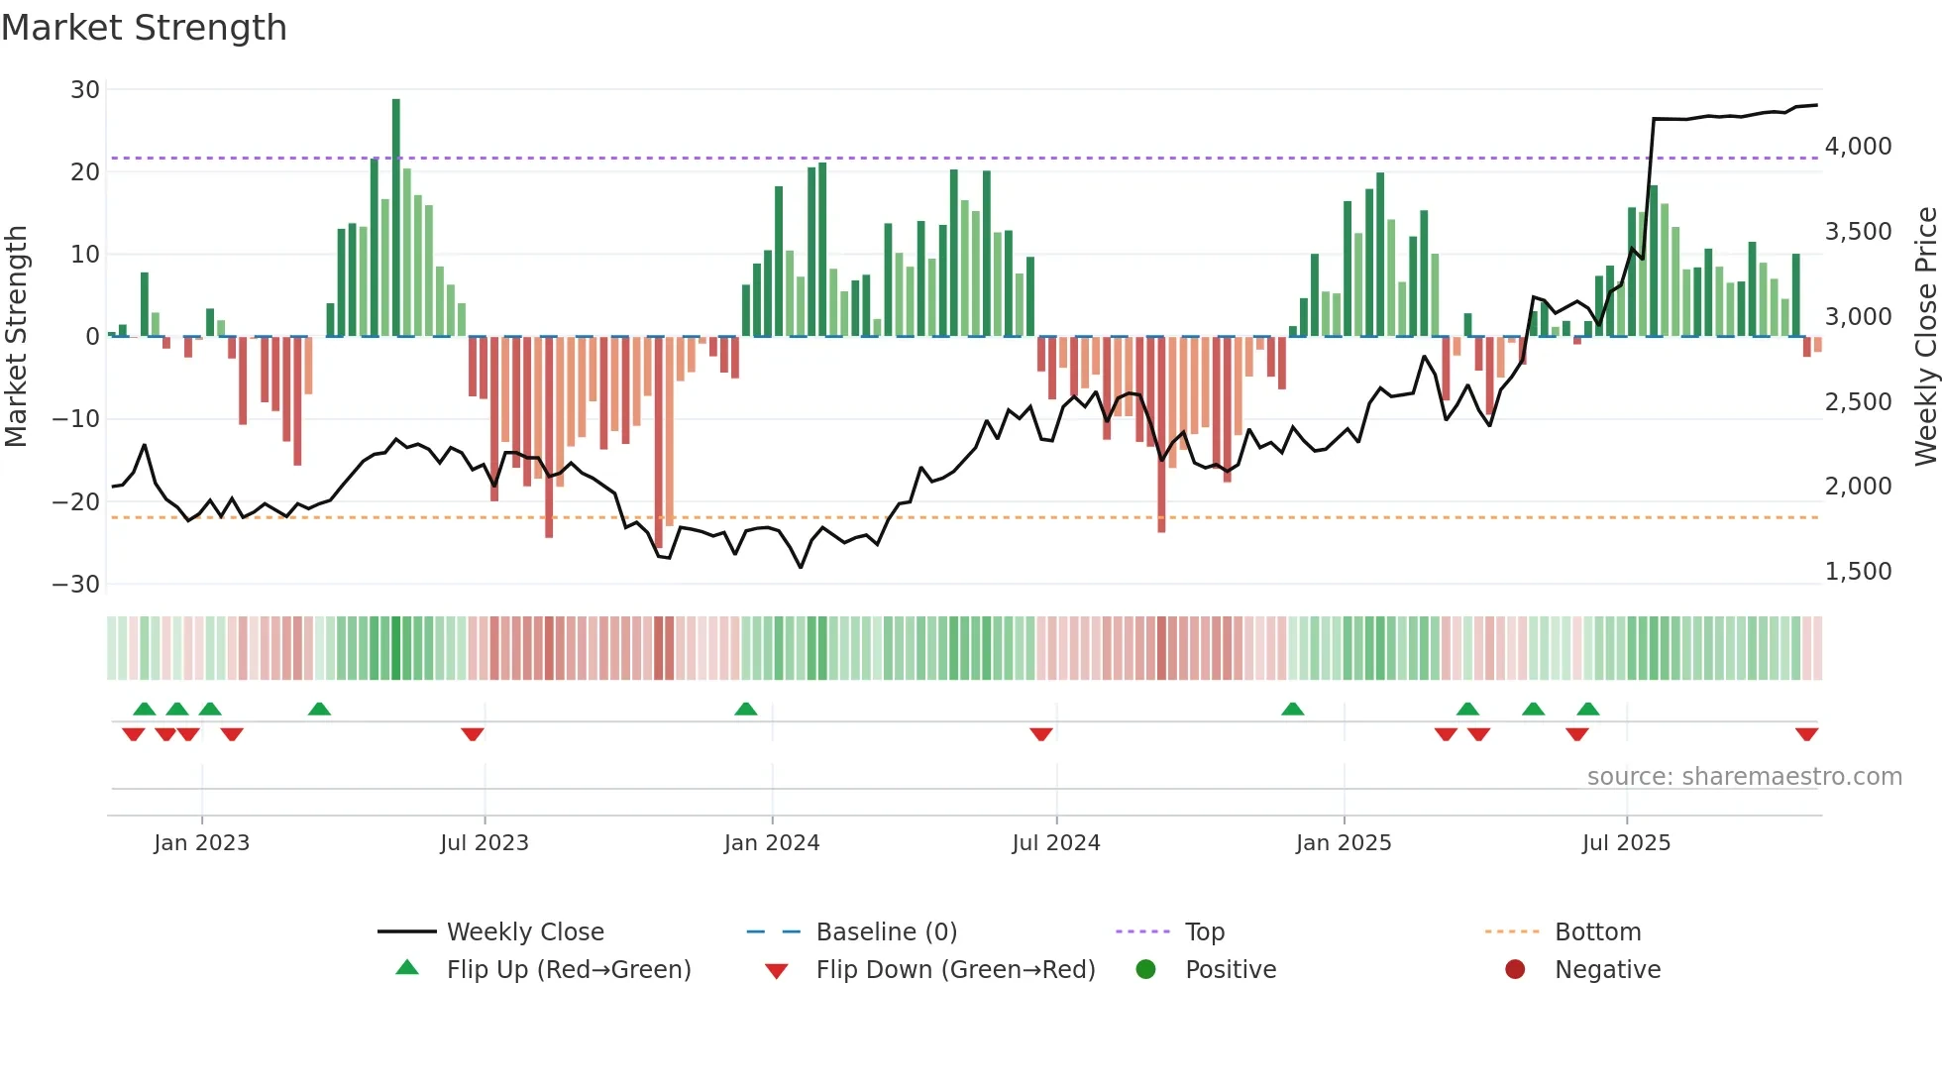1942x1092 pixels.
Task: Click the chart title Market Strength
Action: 144,28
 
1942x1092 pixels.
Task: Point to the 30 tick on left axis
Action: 85,90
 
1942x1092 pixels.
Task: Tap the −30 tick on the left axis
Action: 76,585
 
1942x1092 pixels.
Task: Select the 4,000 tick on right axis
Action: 1858,147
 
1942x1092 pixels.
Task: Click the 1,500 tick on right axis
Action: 1858,572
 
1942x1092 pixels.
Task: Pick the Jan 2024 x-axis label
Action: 772,843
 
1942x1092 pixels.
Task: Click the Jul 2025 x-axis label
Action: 1626,843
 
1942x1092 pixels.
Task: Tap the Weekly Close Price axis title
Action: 1925,336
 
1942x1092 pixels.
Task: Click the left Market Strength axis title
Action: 17,336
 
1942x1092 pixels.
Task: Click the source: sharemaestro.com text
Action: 1744,777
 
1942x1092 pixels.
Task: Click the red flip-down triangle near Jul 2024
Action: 1040,734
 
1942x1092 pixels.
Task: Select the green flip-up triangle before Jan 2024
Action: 746,709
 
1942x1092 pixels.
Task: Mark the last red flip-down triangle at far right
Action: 1806,734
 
